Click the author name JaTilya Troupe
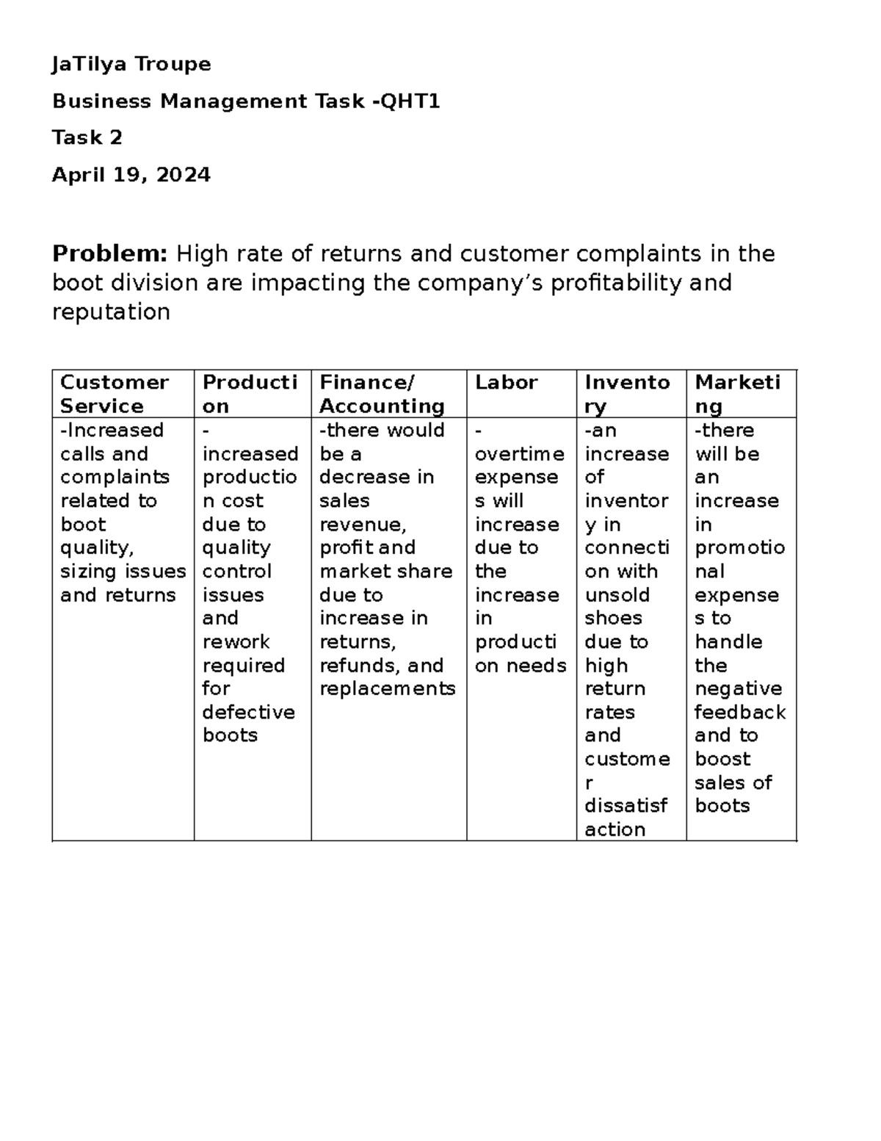click(131, 65)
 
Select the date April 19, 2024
click(131, 175)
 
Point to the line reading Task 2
click(87, 138)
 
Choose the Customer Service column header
click(115, 395)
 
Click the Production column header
click(250, 395)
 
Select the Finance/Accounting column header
click(382, 395)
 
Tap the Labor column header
click(506, 383)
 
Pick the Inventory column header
click(627, 395)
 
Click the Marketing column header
click(737, 395)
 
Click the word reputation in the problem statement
click(111, 312)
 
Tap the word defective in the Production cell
click(248, 713)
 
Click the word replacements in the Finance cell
click(387, 689)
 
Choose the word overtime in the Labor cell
click(519, 454)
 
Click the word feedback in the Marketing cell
click(739, 713)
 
